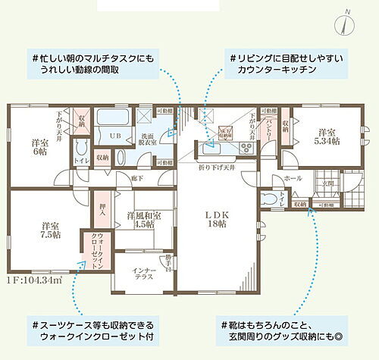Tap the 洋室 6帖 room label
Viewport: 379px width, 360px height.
click(x=39, y=146)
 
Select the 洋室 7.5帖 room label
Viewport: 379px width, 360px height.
click(x=51, y=229)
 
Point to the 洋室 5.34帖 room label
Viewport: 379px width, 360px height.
click(x=327, y=136)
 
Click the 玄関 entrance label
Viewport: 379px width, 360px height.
click(x=329, y=182)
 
